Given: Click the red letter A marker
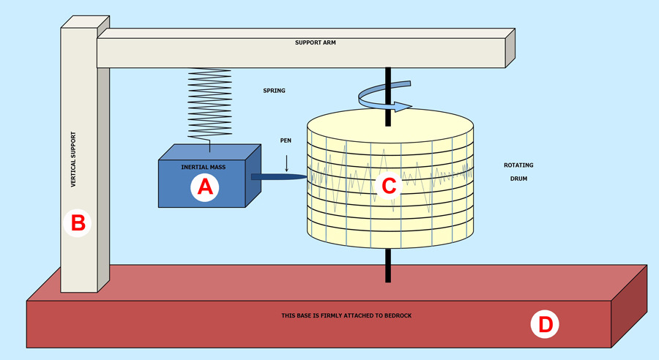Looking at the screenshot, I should click(x=205, y=188).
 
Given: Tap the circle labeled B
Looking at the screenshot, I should click(x=78, y=222).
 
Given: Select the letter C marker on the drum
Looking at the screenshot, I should click(x=389, y=186).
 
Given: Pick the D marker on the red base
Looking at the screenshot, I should click(x=546, y=323).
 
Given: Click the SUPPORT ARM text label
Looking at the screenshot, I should click(x=316, y=42).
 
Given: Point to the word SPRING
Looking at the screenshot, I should click(x=274, y=91).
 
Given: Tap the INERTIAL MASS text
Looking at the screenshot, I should click(x=204, y=167).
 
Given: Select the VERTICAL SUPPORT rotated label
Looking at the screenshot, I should click(x=73, y=160).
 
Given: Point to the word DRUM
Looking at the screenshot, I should click(x=518, y=178).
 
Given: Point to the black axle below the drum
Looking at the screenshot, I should click(x=387, y=265).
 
